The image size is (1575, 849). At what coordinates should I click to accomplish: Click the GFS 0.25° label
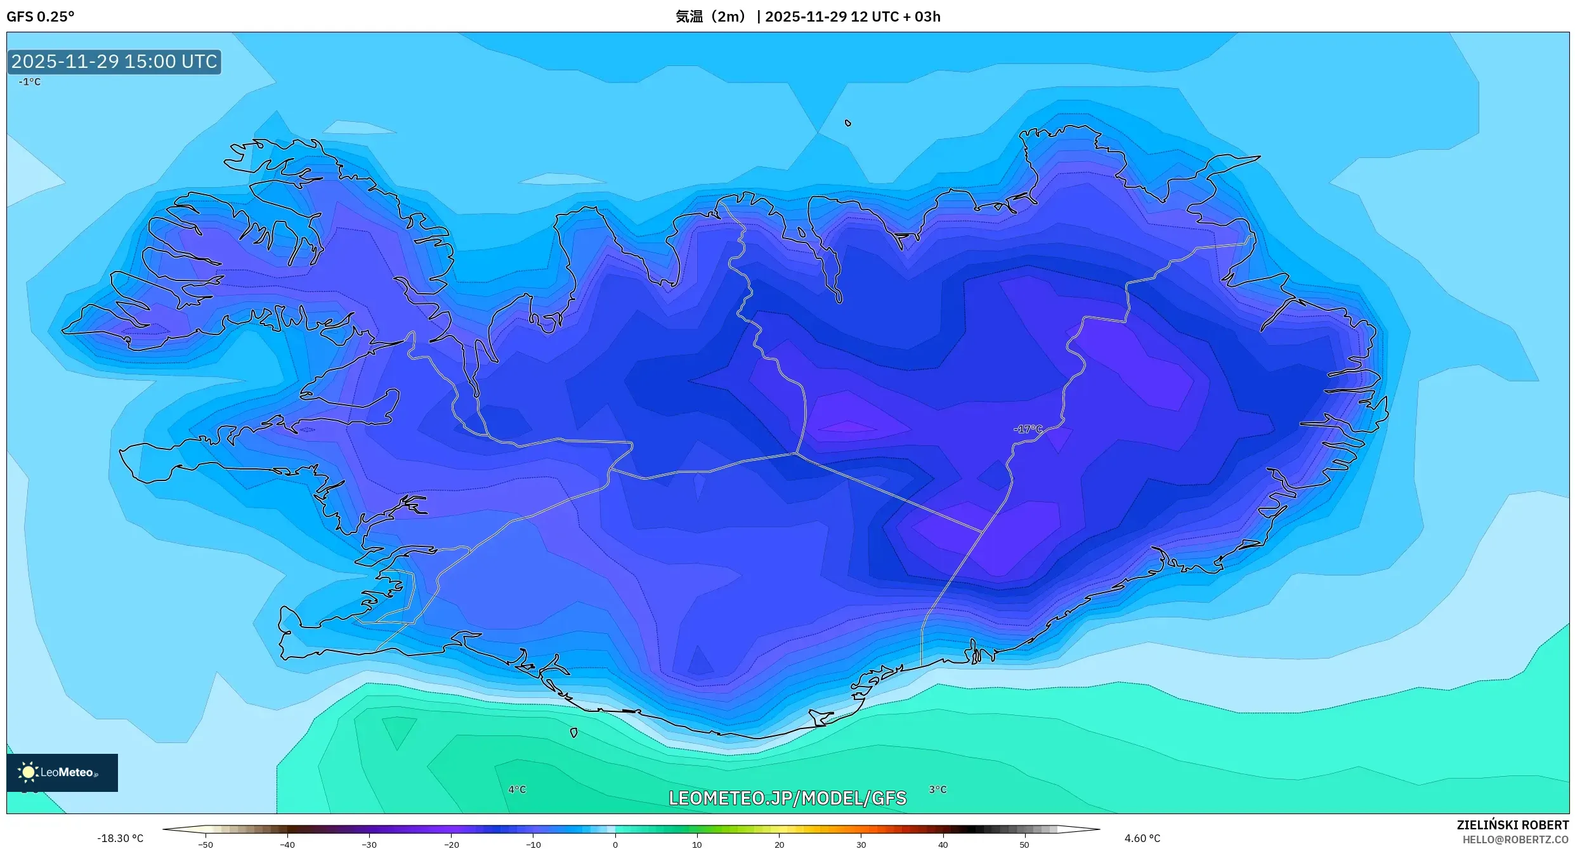pos(40,16)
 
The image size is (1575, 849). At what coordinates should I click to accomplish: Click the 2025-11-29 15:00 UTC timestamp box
pos(114,62)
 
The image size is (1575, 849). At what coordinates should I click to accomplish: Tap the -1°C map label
pos(29,82)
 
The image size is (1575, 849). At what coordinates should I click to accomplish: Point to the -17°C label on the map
pos(1028,429)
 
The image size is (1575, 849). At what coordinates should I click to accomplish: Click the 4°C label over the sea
pos(517,789)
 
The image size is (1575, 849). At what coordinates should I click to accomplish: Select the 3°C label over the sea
pos(938,789)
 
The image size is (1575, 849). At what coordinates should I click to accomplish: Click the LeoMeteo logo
pos(62,772)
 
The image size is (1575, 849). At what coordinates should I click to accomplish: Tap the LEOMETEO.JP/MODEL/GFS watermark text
pos(787,798)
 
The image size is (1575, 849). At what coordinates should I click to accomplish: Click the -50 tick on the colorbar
pos(206,844)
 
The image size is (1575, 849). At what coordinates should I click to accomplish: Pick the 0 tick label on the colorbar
pos(615,844)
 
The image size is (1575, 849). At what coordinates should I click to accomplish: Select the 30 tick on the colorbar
pos(861,844)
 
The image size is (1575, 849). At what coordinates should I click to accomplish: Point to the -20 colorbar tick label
pos(451,844)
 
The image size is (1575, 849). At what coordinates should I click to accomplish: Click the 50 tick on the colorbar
pos(1024,844)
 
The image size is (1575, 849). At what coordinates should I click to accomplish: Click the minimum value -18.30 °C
pos(120,838)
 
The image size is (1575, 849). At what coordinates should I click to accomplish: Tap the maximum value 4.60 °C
pos(1142,838)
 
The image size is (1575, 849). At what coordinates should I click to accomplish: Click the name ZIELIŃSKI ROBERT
pos(1512,825)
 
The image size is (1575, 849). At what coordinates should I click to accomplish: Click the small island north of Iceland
pos(848,123)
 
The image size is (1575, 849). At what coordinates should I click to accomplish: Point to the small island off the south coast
pos(574,733)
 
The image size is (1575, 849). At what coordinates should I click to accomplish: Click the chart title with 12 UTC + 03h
pos(807,16)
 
